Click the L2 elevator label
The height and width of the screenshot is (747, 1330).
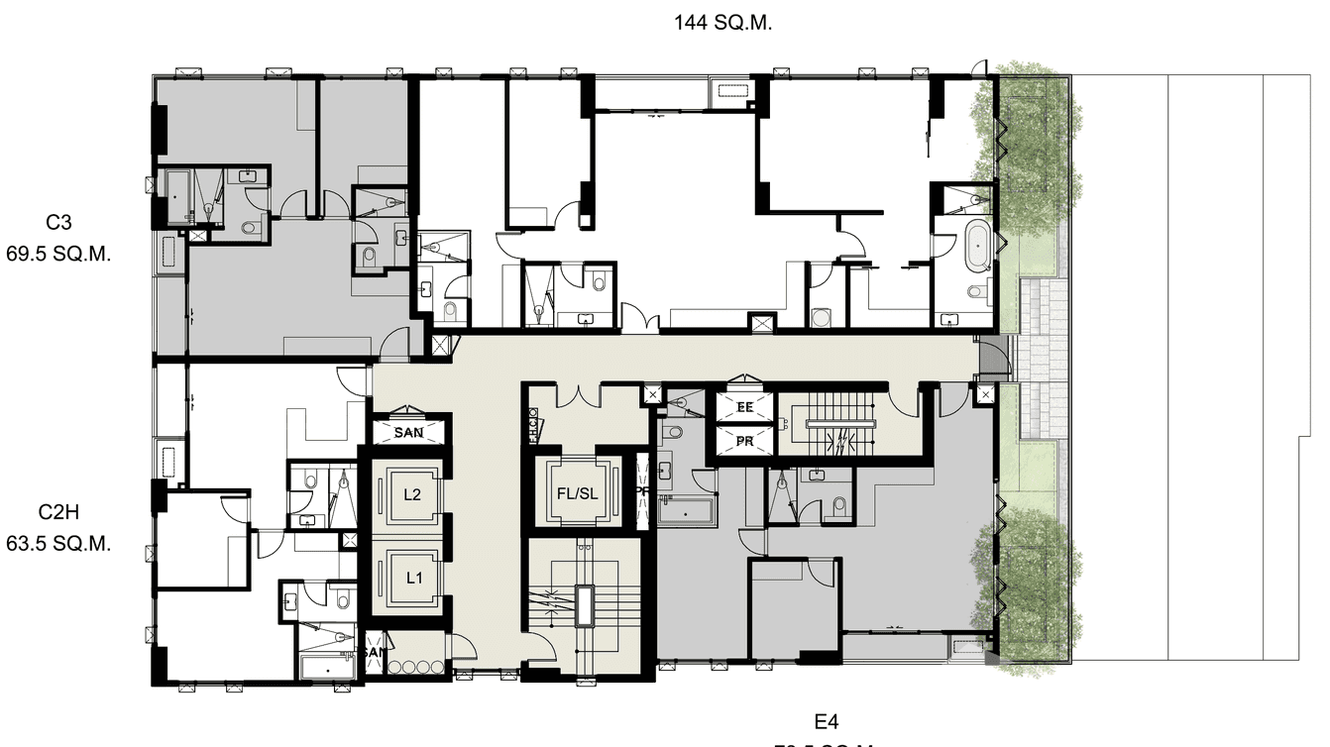tap(413, 494)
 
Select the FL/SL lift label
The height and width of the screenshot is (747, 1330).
tap(576, 492)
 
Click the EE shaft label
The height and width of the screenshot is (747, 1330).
tap(744, 406)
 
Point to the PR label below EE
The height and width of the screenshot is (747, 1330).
tap(744, 441)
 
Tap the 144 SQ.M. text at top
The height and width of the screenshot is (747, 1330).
tap(722, 23)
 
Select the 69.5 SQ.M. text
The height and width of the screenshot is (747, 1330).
tap(58, 254)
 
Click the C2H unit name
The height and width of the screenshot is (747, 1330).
tap(58, 512)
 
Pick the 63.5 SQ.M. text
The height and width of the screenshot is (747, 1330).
tap(58, 544)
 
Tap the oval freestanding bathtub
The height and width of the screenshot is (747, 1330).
tap(976, 248)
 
